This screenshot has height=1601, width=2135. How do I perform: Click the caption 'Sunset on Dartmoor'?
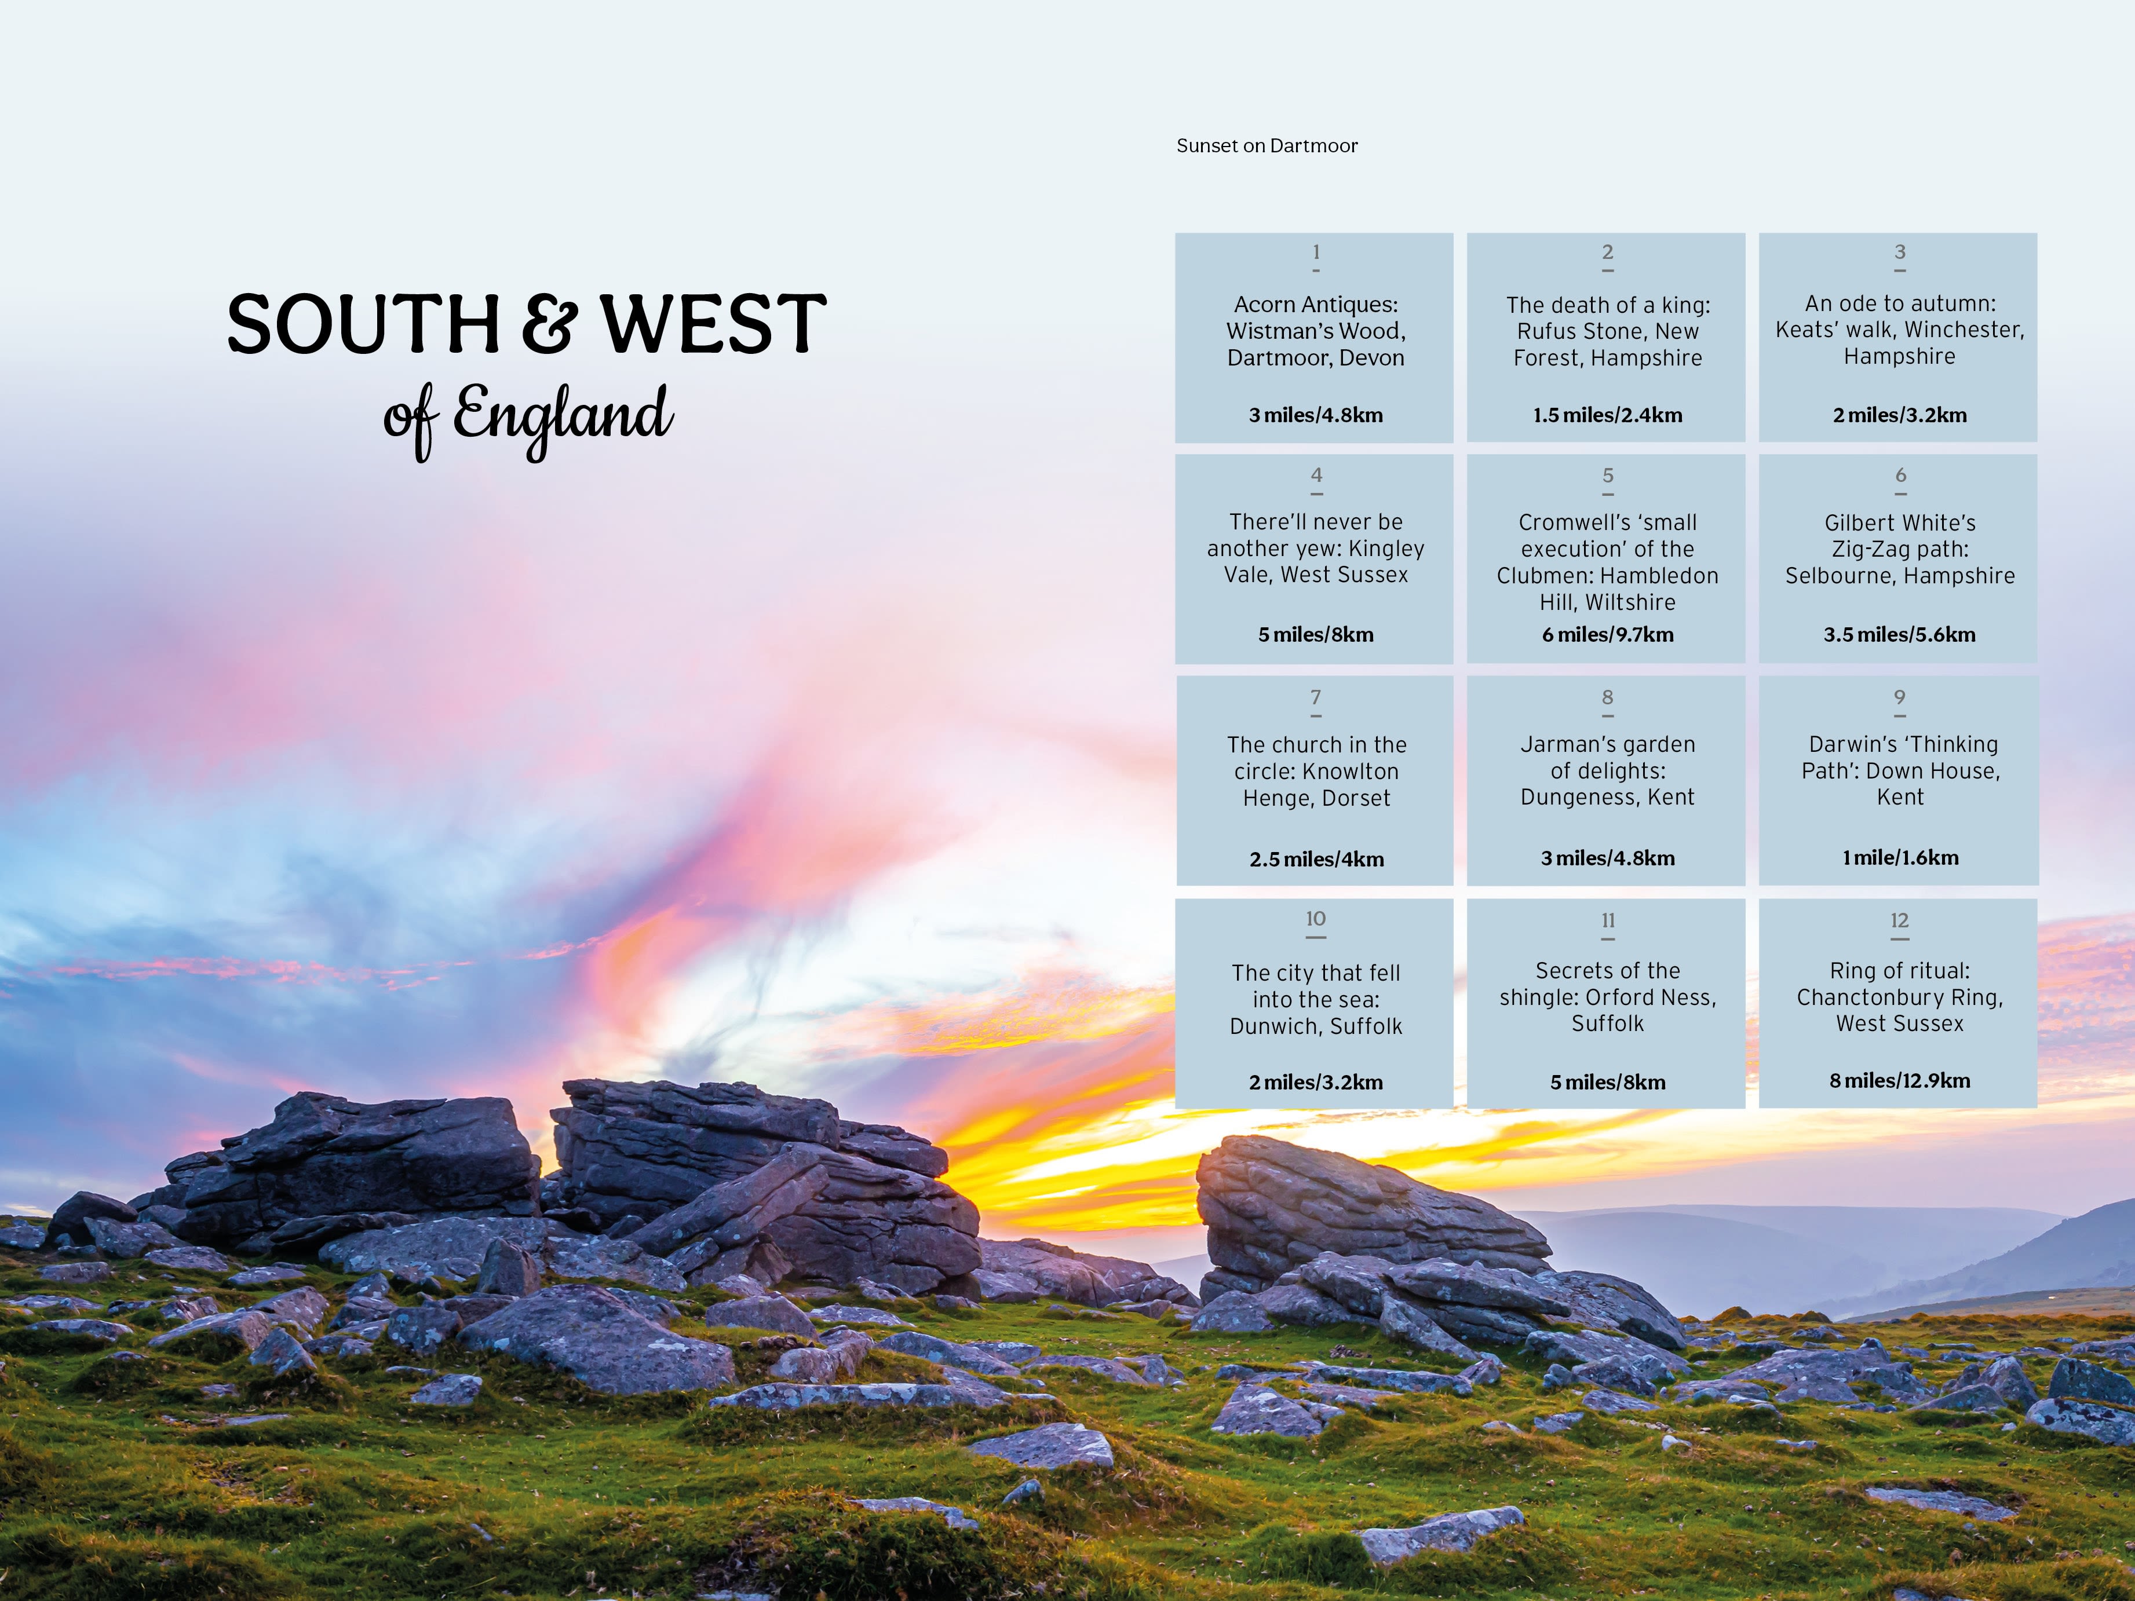[1267, 146]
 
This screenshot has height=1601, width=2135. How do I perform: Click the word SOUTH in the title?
[363, 324]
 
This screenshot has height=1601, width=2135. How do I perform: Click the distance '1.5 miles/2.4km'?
[1607, 415]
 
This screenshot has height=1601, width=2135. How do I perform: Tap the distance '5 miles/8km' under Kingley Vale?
[1316, 635]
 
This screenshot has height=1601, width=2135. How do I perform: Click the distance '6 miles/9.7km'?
[1607, 635]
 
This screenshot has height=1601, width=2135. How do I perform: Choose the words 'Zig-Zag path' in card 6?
[1900, 549]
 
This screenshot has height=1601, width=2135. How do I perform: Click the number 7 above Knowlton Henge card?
[1316, 697]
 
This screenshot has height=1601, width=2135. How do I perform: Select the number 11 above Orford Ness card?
[1608, 920]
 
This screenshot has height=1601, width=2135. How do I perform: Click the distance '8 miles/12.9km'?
[1900, 1081]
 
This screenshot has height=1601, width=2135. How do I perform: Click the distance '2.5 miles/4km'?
[1316, 859]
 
